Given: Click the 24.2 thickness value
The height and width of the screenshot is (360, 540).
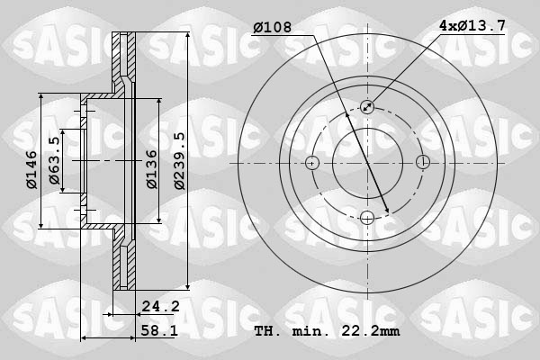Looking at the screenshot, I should click(161, 306).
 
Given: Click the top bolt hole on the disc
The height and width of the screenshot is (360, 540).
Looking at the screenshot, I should click(367, 107).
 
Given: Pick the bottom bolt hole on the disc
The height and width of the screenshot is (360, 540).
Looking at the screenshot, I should click(367, 217).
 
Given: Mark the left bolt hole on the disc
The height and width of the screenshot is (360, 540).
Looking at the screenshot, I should click(312, 163).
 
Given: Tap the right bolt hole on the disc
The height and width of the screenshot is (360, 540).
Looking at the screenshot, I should click(422, 163).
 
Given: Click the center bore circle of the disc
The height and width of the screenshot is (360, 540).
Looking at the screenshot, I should click(367, 163).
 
